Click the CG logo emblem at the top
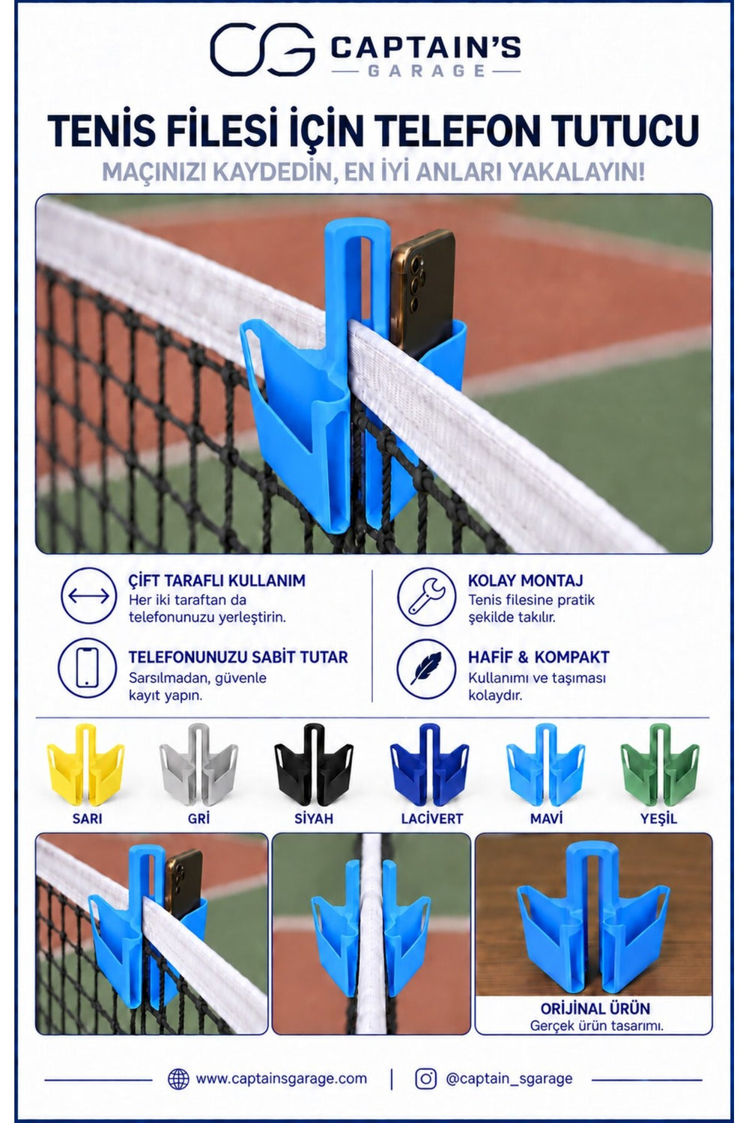click(262, 49)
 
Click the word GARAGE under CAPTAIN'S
click(427, 70)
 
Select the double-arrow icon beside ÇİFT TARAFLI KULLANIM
click(89, 596)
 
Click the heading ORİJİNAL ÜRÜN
click(595, 1008)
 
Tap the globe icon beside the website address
click(178, 1079)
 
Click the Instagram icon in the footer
click(425, 1079)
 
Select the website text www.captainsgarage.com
click(281, 1079)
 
